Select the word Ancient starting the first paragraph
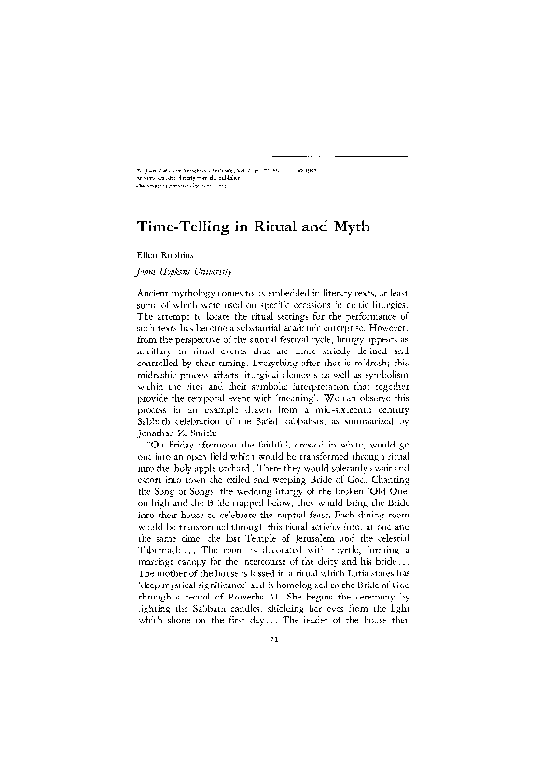pos(144,293)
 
